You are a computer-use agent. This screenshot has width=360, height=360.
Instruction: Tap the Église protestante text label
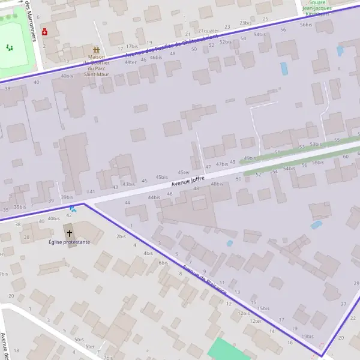(70, 242)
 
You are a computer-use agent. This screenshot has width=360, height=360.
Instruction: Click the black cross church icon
(69, 233)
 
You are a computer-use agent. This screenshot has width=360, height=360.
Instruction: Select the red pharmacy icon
(44, 31)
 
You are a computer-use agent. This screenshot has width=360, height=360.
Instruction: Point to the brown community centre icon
(95, 51)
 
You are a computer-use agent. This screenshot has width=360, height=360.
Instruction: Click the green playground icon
(9, 47)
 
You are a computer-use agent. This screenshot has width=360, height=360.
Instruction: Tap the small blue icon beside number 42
(73, 209)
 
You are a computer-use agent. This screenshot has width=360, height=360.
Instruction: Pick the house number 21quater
(208, 31)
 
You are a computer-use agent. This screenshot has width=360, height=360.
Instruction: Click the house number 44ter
(130, 62)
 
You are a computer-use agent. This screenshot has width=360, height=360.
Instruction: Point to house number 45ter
(184, 172)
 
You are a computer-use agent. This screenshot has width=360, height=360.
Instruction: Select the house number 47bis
(222, 164)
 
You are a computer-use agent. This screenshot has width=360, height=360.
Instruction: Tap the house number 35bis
(20, 207)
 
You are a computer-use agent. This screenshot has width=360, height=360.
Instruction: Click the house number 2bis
(121, 236)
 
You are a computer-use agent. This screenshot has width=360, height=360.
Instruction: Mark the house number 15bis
(263, 308)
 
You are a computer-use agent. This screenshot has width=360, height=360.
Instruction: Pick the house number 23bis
(245, 23)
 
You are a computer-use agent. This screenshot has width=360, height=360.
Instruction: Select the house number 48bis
(217, 184)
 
